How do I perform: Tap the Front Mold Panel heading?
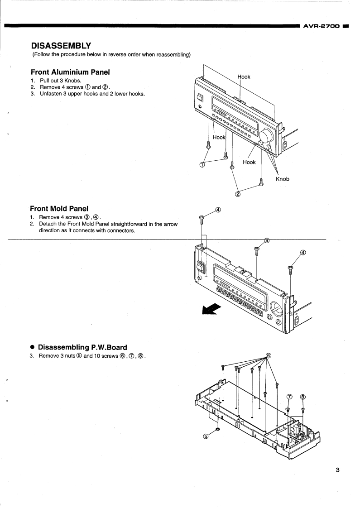click(59, 209)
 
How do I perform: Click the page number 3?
click(337, 469)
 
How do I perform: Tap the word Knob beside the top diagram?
click(283, 179)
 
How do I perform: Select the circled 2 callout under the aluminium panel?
click(237, 195)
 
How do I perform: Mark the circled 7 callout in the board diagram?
click(290, 397)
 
